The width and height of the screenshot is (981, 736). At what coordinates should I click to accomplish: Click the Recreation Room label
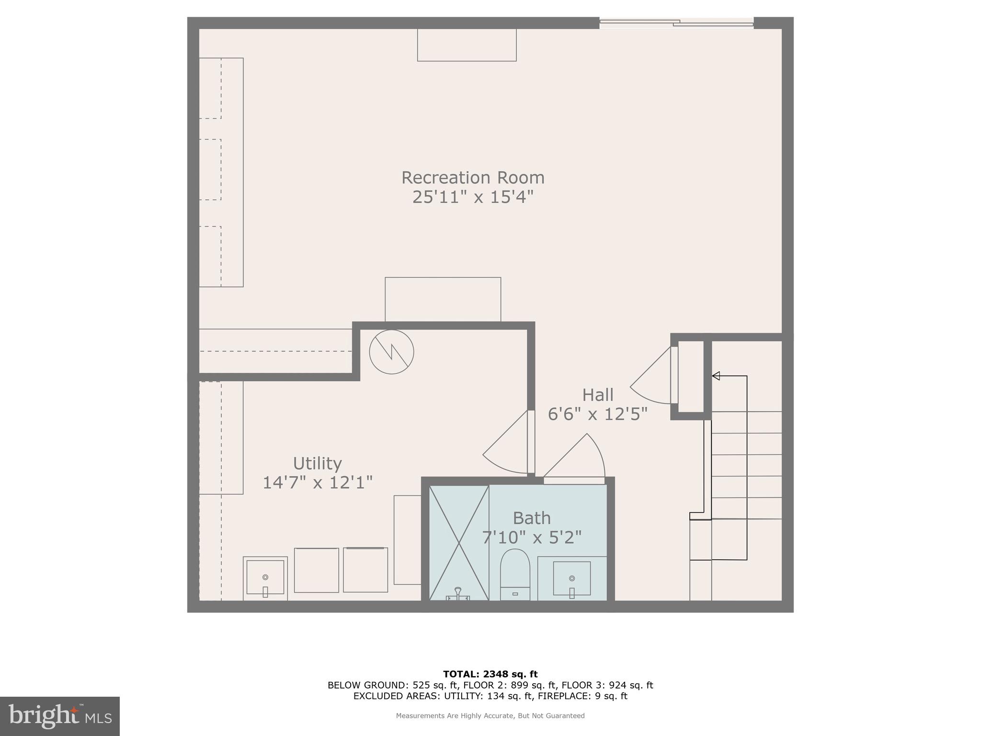(x=473, y=178)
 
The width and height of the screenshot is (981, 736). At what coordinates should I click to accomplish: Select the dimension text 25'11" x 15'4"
(x=473, y=197)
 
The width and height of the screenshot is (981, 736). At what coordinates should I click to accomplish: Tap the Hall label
(x=597, y=395)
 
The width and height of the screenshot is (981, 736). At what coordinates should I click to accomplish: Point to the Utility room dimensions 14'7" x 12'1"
(x=317, y=483)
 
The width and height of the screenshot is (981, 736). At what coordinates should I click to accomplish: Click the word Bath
(x=531, y=518)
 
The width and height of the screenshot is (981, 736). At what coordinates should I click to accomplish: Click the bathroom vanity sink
(x=572, y=579)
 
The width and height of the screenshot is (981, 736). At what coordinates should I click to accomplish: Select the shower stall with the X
(x=459, y=542)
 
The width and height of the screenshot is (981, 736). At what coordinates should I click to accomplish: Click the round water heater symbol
(x=391, y=352)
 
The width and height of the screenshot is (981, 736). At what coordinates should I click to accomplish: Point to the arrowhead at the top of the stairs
(x=716, y=376)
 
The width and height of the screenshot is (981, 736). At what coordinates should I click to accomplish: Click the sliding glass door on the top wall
(x=676, y=23)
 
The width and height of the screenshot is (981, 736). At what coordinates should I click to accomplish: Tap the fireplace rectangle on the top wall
(x=467, y=45)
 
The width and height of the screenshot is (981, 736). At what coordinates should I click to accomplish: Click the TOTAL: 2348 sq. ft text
(x=490, y=674)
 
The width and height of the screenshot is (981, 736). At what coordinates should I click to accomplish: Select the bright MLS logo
(x=59, y=716)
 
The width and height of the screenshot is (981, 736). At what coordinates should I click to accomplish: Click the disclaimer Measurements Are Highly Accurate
(x=490, y=716)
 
